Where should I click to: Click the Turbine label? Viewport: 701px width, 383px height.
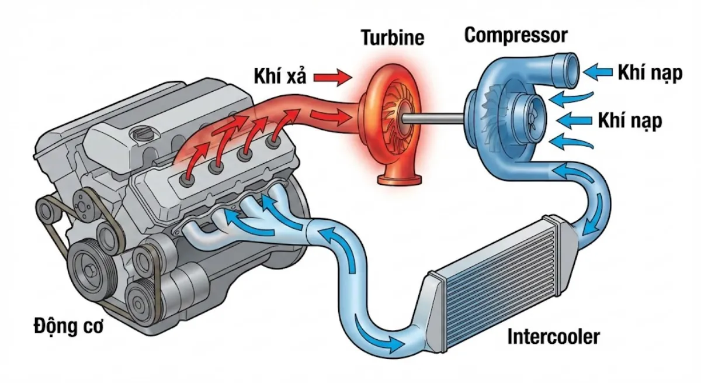(x=392, y=38)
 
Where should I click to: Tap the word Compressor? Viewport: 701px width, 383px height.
(x=515, y=35)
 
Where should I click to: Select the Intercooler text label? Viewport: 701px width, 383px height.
(x=553, y=337)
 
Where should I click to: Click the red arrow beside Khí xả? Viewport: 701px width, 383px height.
(x=331, y=75)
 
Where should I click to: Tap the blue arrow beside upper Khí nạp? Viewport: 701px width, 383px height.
(x=597, y=73)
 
